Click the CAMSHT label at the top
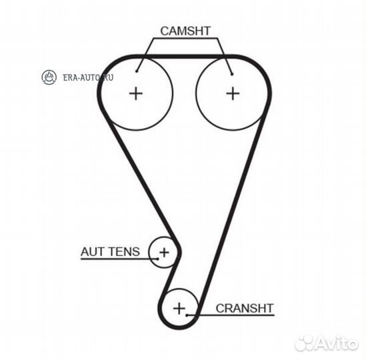(x=185, y=31)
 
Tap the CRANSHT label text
(x=245, y=308)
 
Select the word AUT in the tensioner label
(x=93, y=252)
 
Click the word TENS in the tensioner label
(x=124, y=252)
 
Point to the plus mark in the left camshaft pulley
(x=136, y=93)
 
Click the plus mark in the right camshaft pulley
(x=233, y=93)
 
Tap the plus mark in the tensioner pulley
(x=164, y=253)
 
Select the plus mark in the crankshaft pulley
(x=179, y=309)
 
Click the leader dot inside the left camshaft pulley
(x=137, y=71)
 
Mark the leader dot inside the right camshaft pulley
(x=232, y=74)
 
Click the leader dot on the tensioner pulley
(x=158, y=259)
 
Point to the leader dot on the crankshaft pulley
(x=187, y=315)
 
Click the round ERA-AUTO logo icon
(x=49, y=77)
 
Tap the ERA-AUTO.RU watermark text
(x=88, y=77)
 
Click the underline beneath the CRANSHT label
(x=231, y=315)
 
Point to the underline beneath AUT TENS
(x=119, y=259)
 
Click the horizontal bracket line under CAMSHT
(x=185, y=38)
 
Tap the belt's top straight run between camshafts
(x=184, y=57)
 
